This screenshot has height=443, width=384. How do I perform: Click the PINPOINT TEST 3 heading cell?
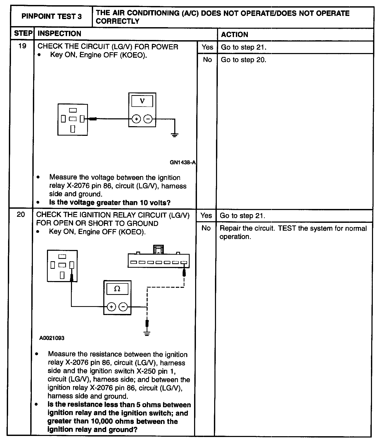(x=51, y=16)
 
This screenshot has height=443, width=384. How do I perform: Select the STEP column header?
(x=23, y=33)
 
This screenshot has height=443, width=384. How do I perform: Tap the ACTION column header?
(x=235, y=34)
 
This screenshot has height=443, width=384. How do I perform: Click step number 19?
(x=22, y=46)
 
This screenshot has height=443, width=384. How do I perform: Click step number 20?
(x=21, y=215)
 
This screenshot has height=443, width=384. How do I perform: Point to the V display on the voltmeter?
(x=142, y=101)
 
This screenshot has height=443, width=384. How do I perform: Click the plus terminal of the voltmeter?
(x=136, y=119)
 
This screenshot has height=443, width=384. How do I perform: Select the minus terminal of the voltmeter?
(x=148, y=119)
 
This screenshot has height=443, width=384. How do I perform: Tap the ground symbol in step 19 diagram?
(x=175, y=135)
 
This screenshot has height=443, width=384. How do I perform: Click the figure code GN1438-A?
(x=183, y=162)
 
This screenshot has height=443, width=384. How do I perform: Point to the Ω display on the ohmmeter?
(x=117, y=289)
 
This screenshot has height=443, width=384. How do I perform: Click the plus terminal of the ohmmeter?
(x=111, y=307)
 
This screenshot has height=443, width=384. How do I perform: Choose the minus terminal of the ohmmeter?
(x=123, y=307)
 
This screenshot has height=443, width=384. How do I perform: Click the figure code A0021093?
(x=52, y=338)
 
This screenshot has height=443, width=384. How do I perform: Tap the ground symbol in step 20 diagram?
(x=147, y=333)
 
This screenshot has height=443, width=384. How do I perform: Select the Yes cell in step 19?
(x=207, y=47)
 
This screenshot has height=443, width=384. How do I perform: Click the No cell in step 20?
(x=206, y=228)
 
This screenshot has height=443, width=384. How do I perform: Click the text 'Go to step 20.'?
(x=243, y=60)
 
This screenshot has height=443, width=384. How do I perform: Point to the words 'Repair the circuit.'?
(x=247, y=228)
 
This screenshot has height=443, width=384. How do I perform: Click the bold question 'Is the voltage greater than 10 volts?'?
(x=110, y=202)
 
